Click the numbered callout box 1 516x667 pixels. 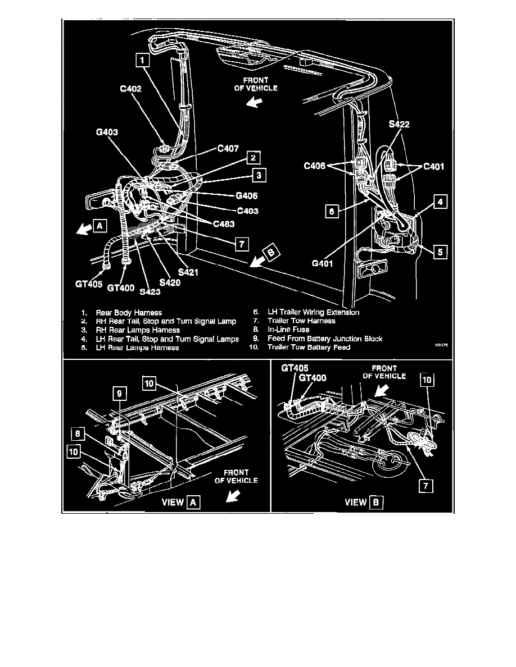click(x=142, y=60)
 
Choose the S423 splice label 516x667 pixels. click(x=151, y=291)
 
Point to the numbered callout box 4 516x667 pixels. click(x=442, y=202)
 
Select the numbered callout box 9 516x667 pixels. click(x=119, y=395)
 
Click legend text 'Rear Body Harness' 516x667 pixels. click(x=129, y=312)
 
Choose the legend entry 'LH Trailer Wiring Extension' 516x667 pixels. click(x=314, y=312)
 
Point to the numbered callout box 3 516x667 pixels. click(x=259, y=175)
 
